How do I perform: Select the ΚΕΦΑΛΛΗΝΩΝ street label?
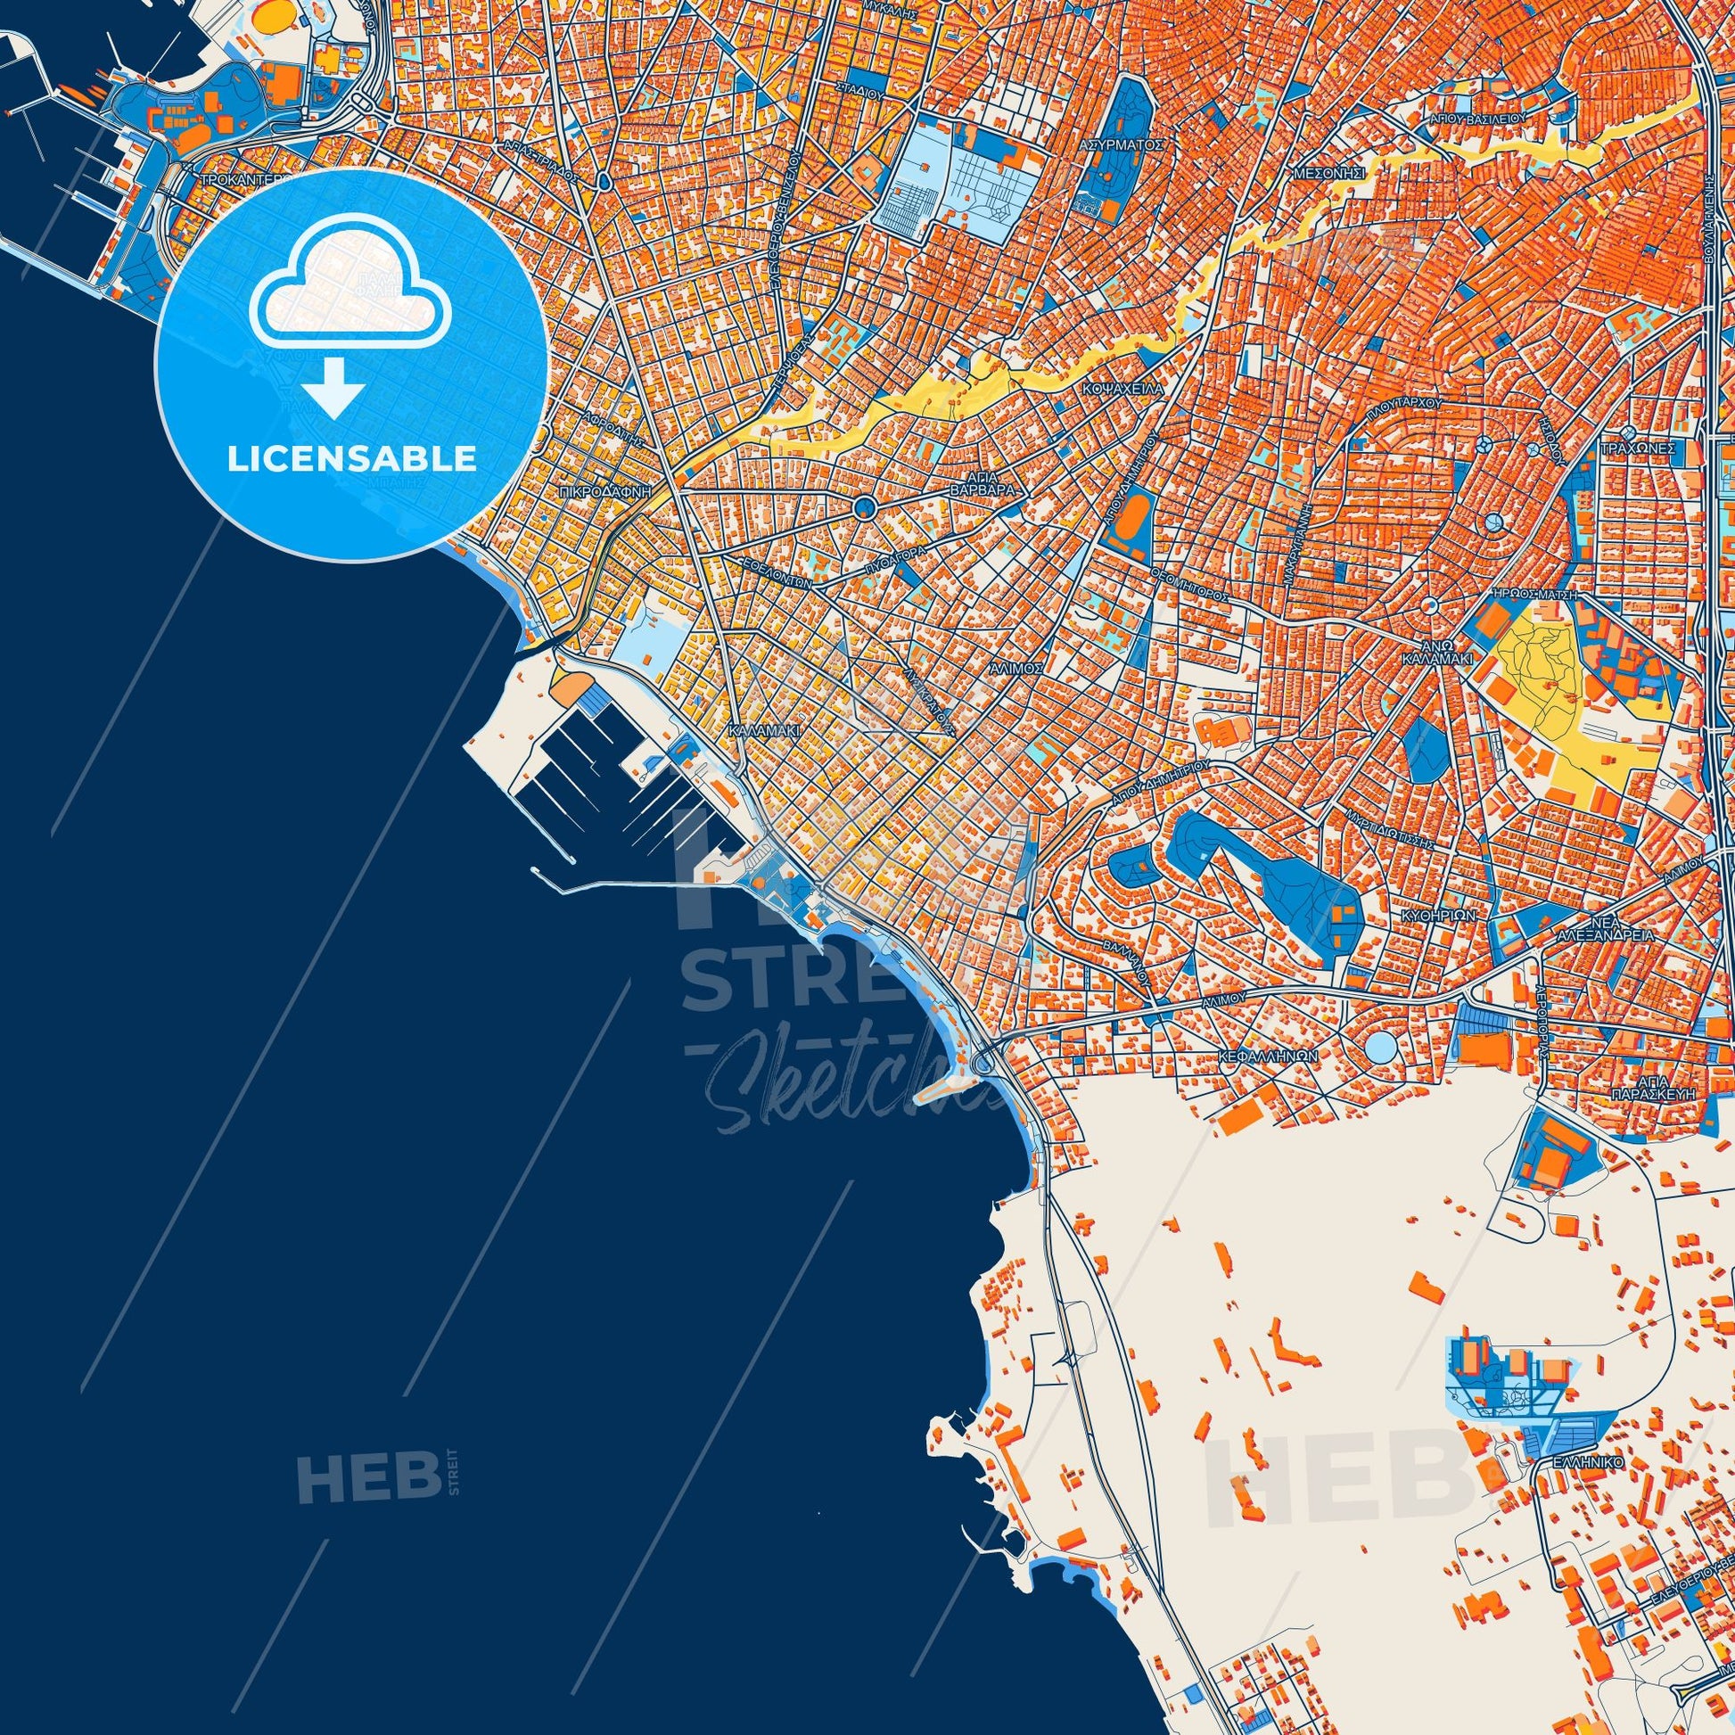(x=1268, y=1057)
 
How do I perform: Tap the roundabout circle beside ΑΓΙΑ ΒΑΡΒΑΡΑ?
(x=865, y=508)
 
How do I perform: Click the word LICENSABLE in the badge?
(x=352, y=459)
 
